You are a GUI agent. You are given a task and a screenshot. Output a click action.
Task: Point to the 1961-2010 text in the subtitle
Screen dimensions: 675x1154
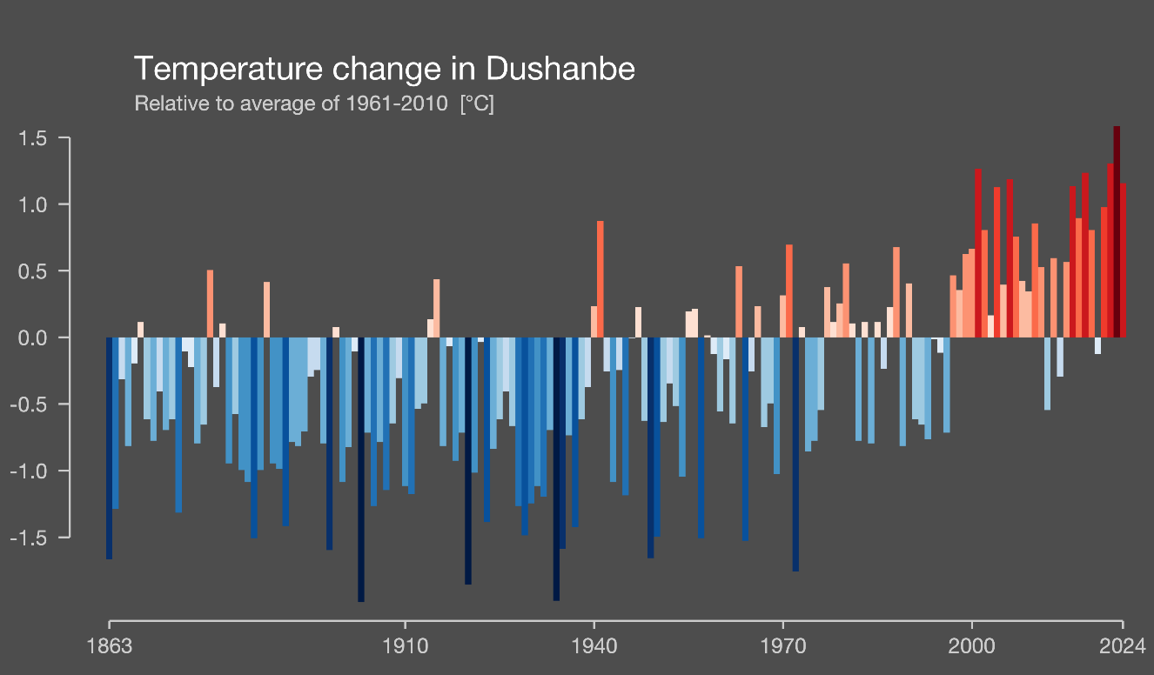(399, 104)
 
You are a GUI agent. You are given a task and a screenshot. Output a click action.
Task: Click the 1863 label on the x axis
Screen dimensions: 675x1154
(111, 647)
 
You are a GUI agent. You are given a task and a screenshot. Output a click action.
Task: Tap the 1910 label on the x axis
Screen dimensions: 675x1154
(404, 647)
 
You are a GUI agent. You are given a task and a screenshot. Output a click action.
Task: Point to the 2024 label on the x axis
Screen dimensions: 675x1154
(1122, 647)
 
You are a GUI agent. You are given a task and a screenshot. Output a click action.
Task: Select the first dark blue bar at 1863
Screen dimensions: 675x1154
(110, 448)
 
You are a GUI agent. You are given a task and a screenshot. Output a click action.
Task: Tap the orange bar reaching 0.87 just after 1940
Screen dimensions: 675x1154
(600, 279)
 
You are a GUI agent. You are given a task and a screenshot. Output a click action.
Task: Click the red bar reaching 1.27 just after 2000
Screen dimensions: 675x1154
(978, 252)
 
